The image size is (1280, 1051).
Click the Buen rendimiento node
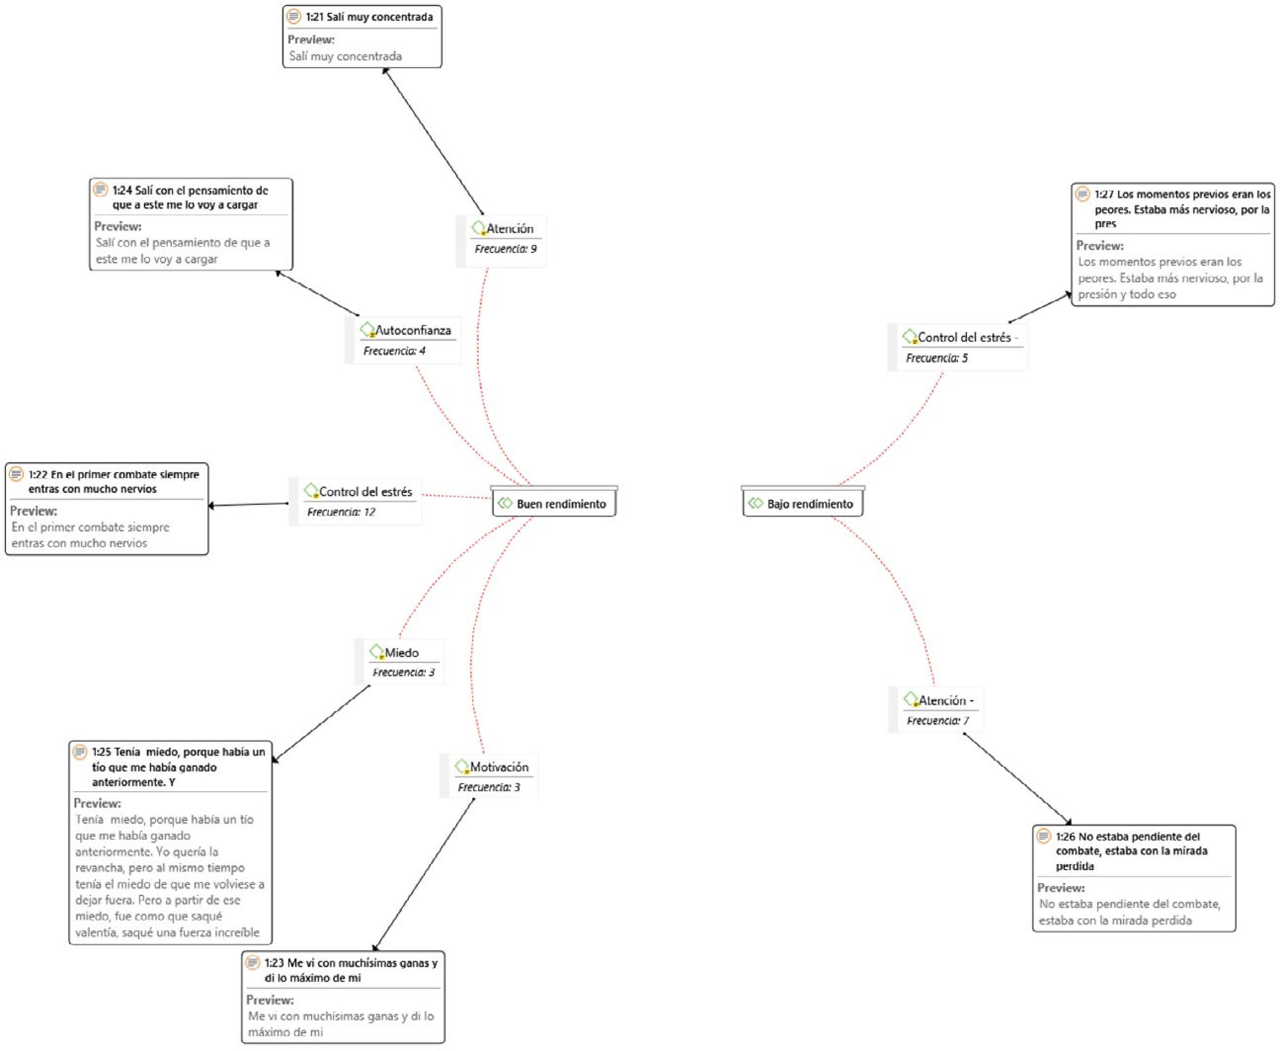554,504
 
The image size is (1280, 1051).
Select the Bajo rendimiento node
803,504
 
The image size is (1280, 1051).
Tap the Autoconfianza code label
413,331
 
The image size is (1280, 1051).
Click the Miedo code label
402,653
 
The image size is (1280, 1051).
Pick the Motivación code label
499,767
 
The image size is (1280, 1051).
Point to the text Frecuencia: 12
341,512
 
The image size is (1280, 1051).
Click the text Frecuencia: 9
505,249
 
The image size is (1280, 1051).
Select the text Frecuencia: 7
937,720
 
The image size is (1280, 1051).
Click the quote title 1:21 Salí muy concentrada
369,17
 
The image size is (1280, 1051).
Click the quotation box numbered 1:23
343,996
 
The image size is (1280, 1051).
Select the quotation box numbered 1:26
1134,878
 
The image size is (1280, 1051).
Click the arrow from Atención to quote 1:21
434,142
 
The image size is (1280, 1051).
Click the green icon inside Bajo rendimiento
755,503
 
